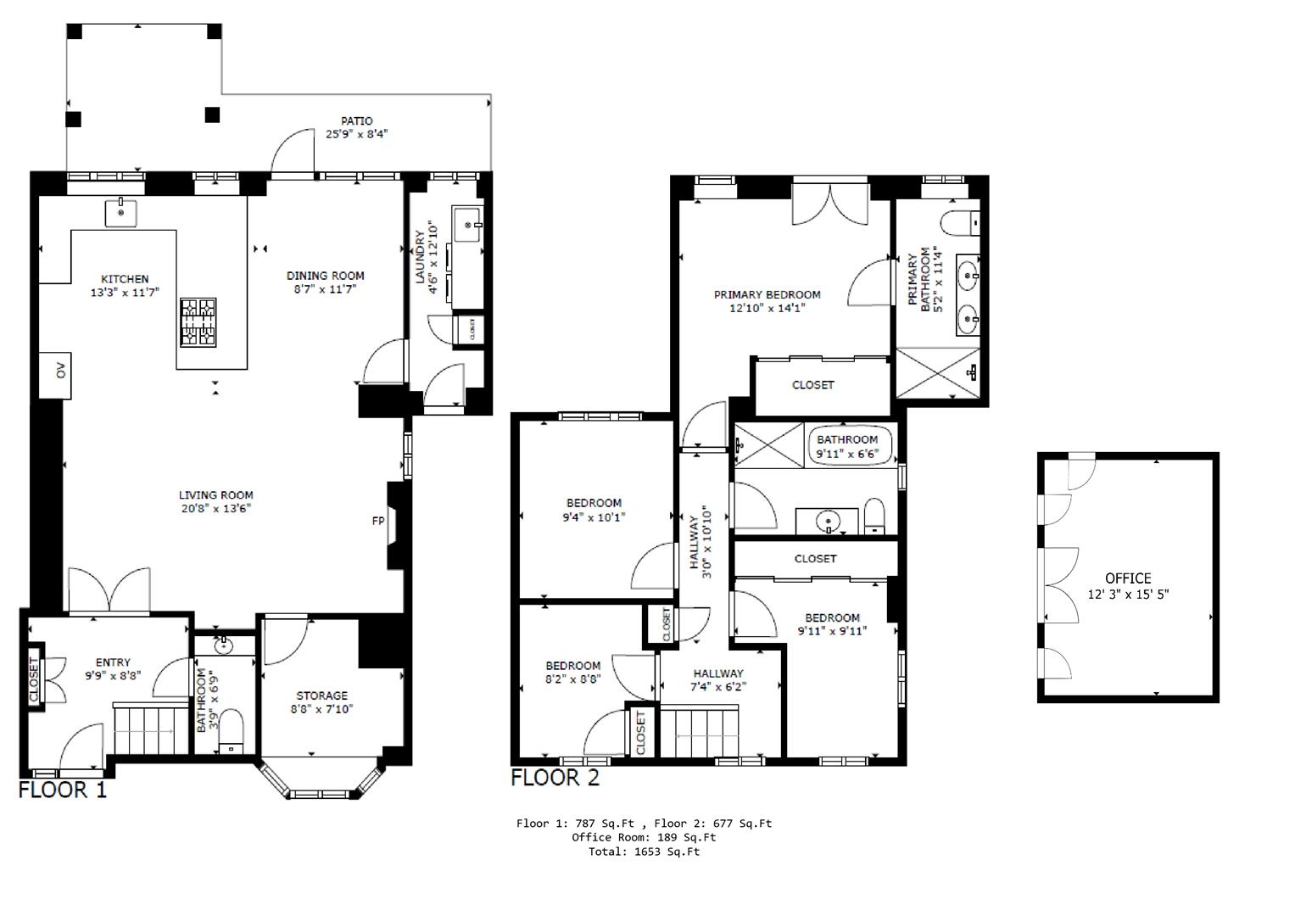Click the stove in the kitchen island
198,322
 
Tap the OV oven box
59,374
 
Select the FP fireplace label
378,521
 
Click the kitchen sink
121,213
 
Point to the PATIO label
356,121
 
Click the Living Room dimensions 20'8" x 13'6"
215,509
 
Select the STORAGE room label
321,695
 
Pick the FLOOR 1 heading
63,790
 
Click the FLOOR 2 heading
555,778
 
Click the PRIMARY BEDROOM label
767,295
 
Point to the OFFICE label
1127,578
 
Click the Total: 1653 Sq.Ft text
644,852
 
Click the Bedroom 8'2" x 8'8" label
572,666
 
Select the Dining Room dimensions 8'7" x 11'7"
325,289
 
